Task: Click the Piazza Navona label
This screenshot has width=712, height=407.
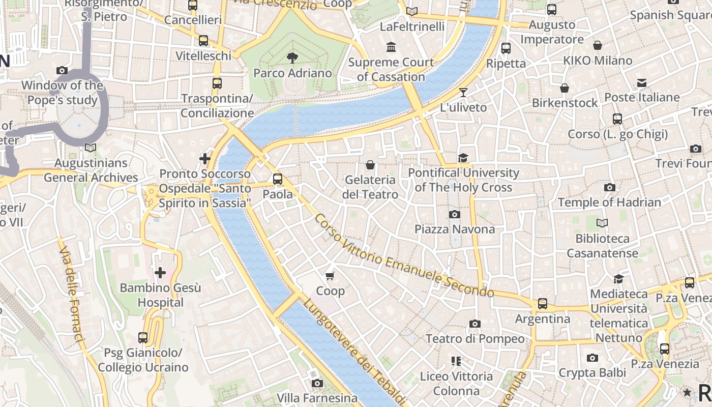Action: [454, 229]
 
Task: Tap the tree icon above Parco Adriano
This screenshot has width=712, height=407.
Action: [292, 57]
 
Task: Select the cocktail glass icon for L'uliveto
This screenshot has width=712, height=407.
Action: [463, 92]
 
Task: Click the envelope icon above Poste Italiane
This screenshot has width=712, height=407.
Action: [642, 82]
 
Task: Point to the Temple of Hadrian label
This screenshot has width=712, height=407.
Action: [609, 202]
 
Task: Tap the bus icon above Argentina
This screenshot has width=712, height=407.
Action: [543, 304]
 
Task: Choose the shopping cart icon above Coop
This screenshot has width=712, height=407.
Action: [331, 276]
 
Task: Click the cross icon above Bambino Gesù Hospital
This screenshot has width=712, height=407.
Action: [160, 273]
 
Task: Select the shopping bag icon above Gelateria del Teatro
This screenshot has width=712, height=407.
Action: [370, 165]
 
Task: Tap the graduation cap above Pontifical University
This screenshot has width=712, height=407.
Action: [463, 158]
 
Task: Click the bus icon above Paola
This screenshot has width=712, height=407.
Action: [277, 179]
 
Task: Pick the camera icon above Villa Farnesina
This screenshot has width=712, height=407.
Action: [317, 383]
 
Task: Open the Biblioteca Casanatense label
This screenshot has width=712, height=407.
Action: [602, 246]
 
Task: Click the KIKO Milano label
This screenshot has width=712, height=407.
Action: [598, 61]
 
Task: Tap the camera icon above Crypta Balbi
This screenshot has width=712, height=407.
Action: [592, 358]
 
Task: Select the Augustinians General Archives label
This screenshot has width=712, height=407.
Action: [91, 170]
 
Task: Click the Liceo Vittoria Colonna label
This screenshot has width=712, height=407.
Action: [456, 384]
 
